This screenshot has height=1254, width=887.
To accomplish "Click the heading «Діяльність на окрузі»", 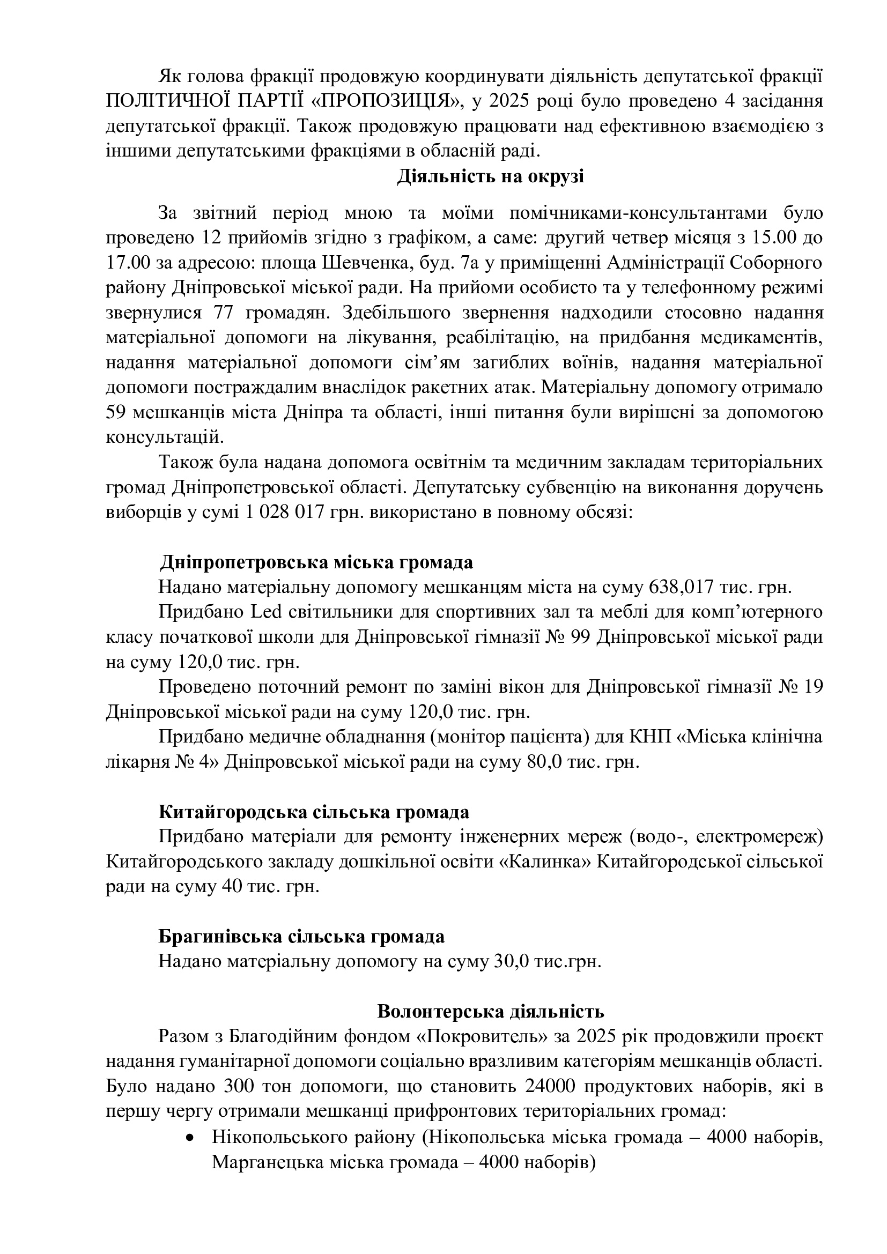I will pos(490,177).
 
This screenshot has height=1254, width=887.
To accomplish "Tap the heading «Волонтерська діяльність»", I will pos(490,1011).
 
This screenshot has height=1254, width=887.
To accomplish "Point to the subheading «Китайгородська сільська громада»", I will pos(314,812).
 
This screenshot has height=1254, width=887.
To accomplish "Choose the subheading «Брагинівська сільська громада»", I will pos(301,936).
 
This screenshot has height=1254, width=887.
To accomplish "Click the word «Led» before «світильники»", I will pos(266,612).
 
